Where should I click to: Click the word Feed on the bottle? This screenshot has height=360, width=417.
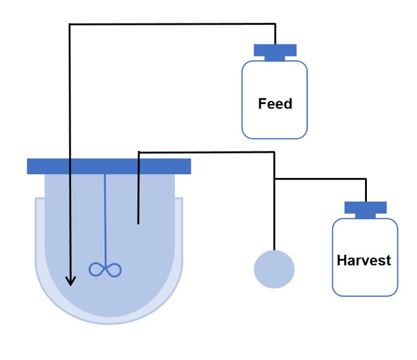pyautogui.click(x=275, y=103)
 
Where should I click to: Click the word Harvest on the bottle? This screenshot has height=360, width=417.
pyautogui.click(x=364, y=260)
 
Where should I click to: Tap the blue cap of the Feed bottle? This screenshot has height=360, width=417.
pyautogui.click(x=275, y=53)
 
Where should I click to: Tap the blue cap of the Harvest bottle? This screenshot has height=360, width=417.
pyautogui.click(x=366, y=210)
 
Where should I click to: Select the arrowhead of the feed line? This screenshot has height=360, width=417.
pyautogui.click(x=70, y=281)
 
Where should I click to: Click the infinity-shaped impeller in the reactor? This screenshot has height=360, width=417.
pyautogui.click(x=105, y=269)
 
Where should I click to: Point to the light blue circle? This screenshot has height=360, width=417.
pyautogui.click(x=274, y=269)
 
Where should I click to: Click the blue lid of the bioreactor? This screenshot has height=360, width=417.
pyautogui.click(x=109, y=167)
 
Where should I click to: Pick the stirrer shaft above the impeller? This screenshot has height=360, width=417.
pyautogui.click(x=105, y=219)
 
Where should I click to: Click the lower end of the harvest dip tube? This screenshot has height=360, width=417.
pyautogui.click(x=138, y=224)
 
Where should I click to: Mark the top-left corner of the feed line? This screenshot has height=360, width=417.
pyautogui.click(x=70, y=24)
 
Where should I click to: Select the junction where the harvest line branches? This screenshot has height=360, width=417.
pyautogui.click(x=274, y=179)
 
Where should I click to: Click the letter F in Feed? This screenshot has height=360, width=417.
pyautogui.click(x=262, y=103)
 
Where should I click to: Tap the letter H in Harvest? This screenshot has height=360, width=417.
pyautogui.click(x=342, y=260)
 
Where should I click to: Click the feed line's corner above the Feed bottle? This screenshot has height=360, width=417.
pyautogui.click(x=275, y=24)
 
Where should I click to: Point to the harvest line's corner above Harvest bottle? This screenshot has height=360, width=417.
pyautogui.click(x=366, y=179)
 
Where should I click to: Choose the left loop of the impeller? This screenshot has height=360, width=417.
pyautogui.click(x=96, y=269)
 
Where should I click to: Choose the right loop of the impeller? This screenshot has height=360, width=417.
pyautogui.click(x=114, y=270)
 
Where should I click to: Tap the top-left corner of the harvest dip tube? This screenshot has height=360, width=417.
pyautogui.click(x=139, y=152)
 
